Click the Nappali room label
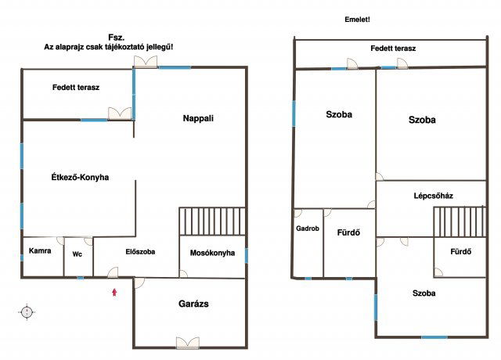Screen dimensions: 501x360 (198, 118)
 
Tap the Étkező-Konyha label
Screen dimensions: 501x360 (80, 178)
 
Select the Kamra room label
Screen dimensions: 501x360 (40, 250)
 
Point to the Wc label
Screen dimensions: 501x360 (77, 254)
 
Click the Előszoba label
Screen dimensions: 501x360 (140, 252)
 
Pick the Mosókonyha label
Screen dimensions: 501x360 (212, 253)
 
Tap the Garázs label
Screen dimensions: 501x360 (193, 304)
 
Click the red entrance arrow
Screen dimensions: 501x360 (114, 292)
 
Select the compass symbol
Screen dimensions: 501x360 (27, 311)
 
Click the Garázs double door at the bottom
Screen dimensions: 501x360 (188, 343)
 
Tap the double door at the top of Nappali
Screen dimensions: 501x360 (146, 61)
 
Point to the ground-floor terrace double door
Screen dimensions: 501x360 (120, 113)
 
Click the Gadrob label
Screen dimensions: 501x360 (308, 229)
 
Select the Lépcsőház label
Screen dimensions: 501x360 (433, 196)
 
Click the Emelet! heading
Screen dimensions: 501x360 (357, 20)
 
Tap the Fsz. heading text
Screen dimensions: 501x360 (117, 38)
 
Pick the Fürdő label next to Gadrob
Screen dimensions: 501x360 (348, 232)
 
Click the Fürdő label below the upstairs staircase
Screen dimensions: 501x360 (461, 252)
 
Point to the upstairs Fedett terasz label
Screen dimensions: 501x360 (393, 49)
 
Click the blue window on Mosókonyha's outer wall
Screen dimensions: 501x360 (247, 256)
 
